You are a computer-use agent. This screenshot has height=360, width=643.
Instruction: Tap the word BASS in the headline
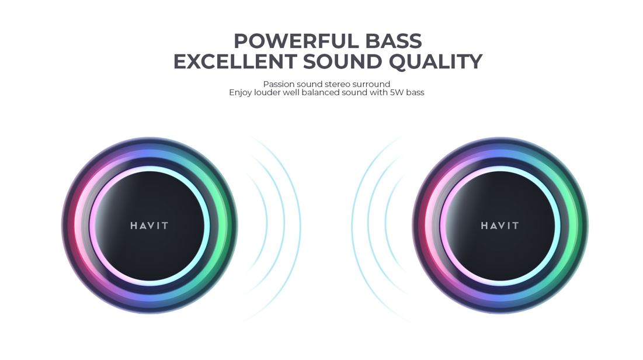[x=394, y=41]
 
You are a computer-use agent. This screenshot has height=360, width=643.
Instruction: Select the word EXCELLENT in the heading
[x=235, y=61]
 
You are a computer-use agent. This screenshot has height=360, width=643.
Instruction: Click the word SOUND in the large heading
[x=343, y=61]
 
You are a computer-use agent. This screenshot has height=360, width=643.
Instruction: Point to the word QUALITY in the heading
[x=436, y=62]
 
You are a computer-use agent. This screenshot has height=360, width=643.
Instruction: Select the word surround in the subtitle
[x=371, y=84]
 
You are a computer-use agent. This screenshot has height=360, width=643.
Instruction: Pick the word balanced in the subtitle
[x=320, y=92]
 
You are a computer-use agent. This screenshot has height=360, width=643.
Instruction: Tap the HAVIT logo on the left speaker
[x=150, y=226]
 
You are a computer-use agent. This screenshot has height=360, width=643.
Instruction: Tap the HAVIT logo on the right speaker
[x=500, y=226]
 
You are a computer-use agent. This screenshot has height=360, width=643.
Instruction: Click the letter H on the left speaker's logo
[x=134, y=226]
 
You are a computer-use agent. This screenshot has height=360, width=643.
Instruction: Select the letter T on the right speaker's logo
[x=516, y=226]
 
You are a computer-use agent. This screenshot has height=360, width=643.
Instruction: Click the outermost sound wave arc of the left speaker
[x=300, y=226]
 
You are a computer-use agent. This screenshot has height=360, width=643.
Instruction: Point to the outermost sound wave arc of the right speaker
[x=352, y=226]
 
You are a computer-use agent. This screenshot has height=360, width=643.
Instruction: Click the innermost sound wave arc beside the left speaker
[x=267, y=224]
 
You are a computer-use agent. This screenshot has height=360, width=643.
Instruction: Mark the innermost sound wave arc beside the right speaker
[x=385, y=224]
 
